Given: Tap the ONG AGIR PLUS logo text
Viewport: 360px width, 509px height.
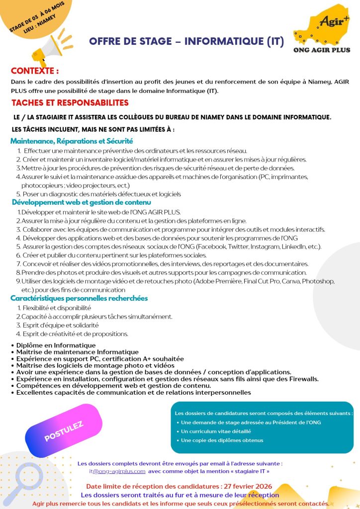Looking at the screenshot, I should (x=322, y=50).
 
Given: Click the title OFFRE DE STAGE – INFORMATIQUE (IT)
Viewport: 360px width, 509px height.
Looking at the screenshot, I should (x=186, y=42).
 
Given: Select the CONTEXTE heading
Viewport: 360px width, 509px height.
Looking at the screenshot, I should (x=35, y=71).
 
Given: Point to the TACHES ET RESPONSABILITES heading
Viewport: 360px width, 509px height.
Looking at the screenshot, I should (x=70, y=103).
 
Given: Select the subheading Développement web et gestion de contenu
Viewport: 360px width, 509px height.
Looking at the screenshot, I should (x=82, y=203).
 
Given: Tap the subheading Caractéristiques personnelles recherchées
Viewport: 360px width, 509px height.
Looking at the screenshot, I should (x=80, y=298).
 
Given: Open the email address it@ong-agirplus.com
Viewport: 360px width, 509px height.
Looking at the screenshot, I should (x=117, y=471).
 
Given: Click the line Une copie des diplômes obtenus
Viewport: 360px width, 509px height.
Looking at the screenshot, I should (x=222, y=440).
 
